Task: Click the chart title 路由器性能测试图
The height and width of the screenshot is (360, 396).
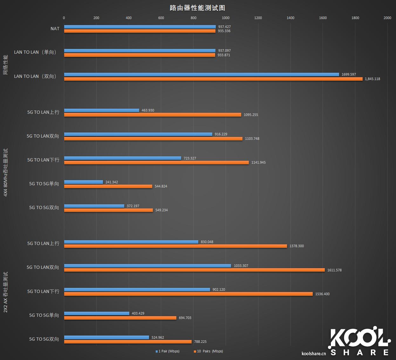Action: click(197, 8)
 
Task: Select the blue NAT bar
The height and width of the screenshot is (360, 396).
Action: click(140, 27)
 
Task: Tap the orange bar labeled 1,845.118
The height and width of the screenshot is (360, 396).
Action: click(213, 79)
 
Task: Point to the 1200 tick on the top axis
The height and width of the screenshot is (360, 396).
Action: click(258, 18)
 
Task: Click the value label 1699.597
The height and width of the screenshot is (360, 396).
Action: click(349, 74)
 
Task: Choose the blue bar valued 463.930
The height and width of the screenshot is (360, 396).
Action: click(102, 110)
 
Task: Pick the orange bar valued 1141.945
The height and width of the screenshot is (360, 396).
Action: click(156, 162)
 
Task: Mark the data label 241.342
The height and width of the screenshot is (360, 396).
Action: click(112, 182)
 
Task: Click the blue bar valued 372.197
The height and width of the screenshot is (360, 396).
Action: click(94, 206)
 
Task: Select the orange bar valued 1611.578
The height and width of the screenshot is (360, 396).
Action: click(195, 270)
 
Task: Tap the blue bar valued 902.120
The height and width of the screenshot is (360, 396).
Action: click(137, 289)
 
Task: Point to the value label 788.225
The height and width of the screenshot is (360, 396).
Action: click(200, 342)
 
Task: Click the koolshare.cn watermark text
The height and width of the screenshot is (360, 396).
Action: click(314, 353)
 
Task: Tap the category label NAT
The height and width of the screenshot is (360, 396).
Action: click(55, 29)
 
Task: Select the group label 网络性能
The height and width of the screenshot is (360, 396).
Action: click(5, 65)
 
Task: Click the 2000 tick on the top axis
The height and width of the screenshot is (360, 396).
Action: click(387, 18)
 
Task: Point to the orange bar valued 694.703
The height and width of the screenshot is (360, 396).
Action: click(120, 318)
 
